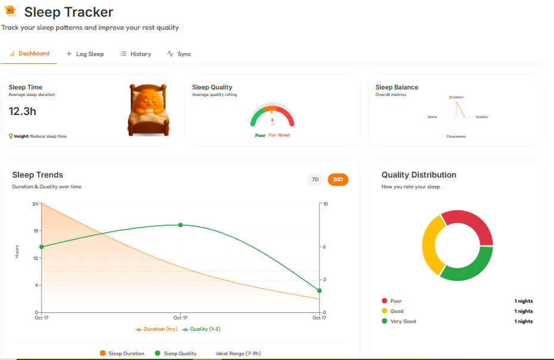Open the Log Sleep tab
click(x=85, y=54)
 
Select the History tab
click(x=136, y=54)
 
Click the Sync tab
click(x=179, y=54)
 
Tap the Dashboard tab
click(x=29, y=54)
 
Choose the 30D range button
click(x=338, y=179)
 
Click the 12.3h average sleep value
click(x=23, y=111)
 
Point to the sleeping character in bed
click(x=147, y=109)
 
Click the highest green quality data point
click(x=180, y=225)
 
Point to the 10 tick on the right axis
click(x=325, y=204)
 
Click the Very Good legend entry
click(x=403, y=321)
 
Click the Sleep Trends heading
click(x=38, y=175)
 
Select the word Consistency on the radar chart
click(x=456, y=136)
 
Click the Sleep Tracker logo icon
click(x=10, y=11)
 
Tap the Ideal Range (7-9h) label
click(x=238, y=353)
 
